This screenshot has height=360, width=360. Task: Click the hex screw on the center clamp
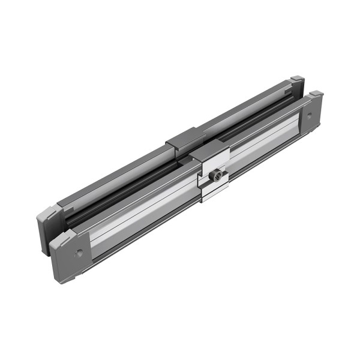(217, 175)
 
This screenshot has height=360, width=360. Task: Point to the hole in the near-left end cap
(77, 253)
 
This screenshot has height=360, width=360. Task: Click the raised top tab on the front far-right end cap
(316, 94)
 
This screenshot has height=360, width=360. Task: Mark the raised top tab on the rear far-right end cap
(297, 78)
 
